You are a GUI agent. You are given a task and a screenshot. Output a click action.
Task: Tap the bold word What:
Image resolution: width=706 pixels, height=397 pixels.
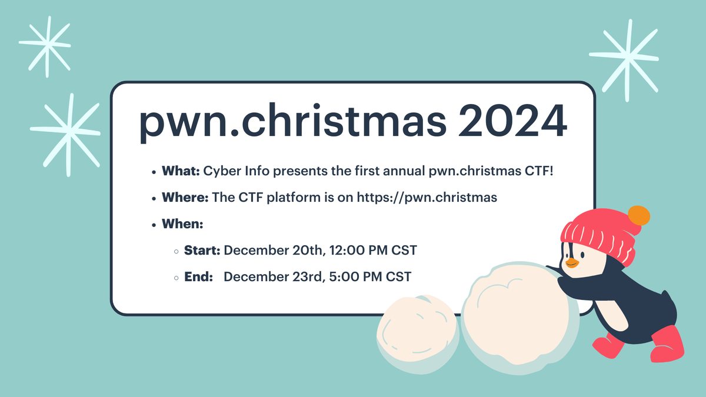pos(182,172)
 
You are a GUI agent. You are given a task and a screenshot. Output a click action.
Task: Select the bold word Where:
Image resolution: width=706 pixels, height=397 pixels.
pos(185,198)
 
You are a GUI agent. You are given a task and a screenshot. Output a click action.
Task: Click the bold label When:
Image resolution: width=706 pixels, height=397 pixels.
pos(182,224)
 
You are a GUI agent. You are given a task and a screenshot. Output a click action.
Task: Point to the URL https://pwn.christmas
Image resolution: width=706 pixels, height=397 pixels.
pos(427,198)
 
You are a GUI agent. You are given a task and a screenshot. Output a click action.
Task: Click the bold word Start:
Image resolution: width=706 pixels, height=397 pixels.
pos(202,250)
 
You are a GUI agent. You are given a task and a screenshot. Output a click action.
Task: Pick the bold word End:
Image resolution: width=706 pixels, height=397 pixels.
pos(198,276)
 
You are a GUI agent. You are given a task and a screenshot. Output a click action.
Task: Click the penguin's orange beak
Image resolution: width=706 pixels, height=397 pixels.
pos(571,262)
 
